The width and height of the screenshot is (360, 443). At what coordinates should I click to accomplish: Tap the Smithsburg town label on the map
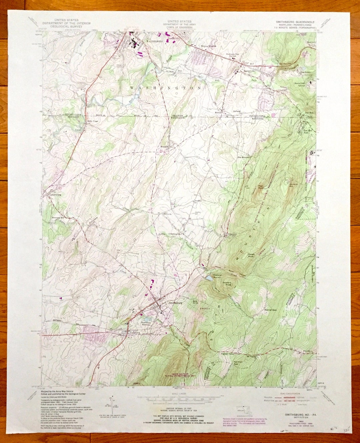(176, 303)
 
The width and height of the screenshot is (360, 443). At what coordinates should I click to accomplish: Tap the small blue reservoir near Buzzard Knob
(209, 277)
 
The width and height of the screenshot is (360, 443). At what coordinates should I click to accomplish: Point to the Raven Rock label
(251, 255)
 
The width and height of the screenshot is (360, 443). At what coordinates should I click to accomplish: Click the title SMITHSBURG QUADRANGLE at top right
(295, 22)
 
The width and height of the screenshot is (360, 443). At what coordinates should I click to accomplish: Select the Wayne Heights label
(208, 46)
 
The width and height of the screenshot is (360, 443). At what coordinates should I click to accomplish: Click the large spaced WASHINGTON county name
(166, 88)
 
